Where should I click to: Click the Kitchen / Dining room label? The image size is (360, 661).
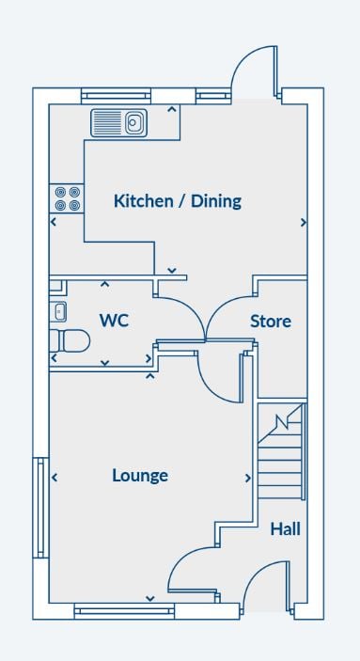pyautogui.click(x=178, y=201)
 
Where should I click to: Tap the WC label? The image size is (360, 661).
pyautogui.click(x=114, y=321)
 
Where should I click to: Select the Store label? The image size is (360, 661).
pyautogui.click(x=271, y=322)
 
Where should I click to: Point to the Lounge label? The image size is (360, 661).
pyautogui.click(x=140, y=476)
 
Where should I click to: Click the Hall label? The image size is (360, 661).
pyautogui.click(x=286, y=528)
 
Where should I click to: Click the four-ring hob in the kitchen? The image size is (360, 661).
pyautogui.click(x=67, y=198)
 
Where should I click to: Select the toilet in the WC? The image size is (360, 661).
pyautogui.click(x=70, y=340)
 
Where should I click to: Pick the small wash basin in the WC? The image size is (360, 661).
pyautogui.click(x=58, y=312)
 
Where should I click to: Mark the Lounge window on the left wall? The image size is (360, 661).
pyautogui.click(x=41, y=508)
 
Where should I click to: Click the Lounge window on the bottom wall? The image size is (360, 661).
pyautogui.click(x=124, y=611)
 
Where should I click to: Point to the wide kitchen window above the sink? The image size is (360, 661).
pyautogui.click(x=116, y=96)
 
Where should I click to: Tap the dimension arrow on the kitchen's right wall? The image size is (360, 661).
pyautogui.click(x=303, y=223)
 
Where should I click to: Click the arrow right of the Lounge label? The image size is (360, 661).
pyautogui.click(x=248, y=478)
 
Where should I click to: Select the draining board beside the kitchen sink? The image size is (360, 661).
pyautogui.click(x=108, y=122)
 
